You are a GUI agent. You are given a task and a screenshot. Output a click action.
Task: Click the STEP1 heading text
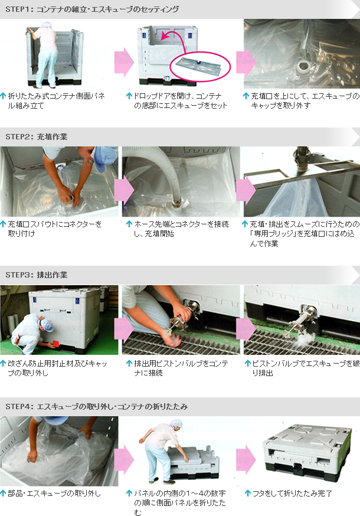[x=92, y=9]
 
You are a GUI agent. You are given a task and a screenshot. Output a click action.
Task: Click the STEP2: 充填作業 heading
[x=37, y=136]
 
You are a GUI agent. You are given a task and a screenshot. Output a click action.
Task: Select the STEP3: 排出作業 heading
[x=37, y=275]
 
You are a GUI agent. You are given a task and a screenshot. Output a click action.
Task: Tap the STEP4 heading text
[x=96, y=406]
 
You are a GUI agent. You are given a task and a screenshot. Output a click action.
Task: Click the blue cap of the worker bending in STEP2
[x=104, y=160]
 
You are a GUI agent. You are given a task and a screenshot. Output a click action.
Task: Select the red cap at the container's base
[x=55, y=344]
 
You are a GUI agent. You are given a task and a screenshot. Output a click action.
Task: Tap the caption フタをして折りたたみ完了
[x=292, y=493]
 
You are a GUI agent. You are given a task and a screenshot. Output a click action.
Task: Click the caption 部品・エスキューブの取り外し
[x=54, y=493]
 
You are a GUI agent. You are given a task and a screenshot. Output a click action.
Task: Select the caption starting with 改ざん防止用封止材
[x=57, y=368]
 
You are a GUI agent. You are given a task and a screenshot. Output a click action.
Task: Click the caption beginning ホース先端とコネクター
[x=181, y=228]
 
